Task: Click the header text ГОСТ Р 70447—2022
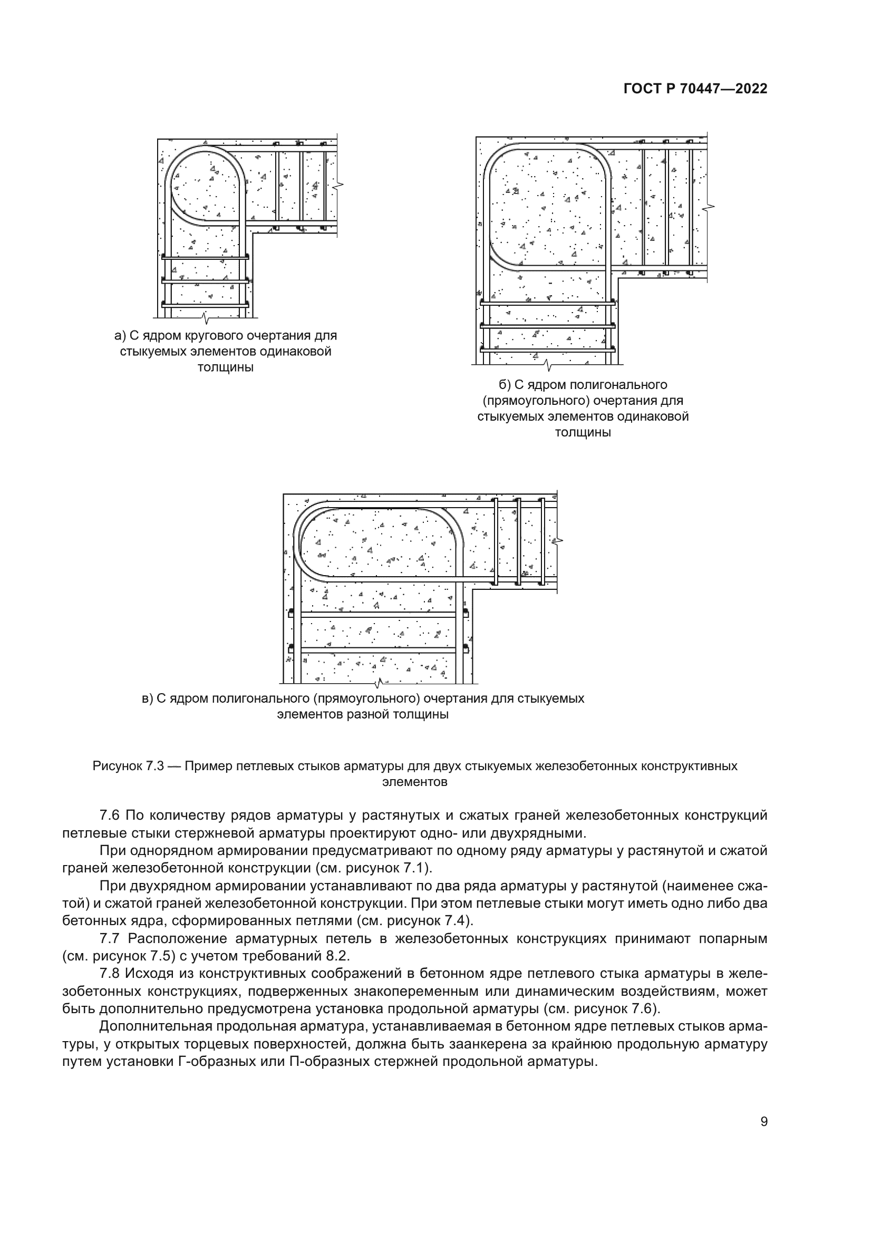[x=695, y=89]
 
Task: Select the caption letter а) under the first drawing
[x=120, y=336]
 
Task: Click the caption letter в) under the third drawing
[x=147, y=698]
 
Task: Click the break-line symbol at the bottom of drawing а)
[x=205, y=317]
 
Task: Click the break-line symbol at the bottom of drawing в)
[x=380, y=684]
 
